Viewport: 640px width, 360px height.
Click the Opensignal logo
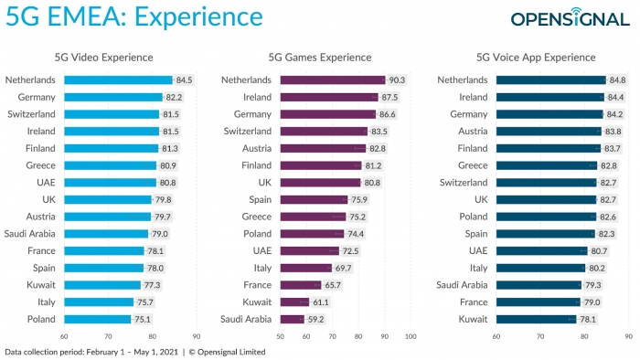pyautogui.click(x=570, y=17)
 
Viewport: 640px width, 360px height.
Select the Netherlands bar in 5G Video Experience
pyautogui.click(x=118, y=79)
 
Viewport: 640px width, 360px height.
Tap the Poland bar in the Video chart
pyautogui.click(x=98, y=319)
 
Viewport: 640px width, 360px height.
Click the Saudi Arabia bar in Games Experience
pyautogui.click(x=293, y=319)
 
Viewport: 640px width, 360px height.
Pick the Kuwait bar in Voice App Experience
pyautogui.click(x=537, y=319)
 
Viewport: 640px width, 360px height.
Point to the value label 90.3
pyautogui.click(x=397, y=79)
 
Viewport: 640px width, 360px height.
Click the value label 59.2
pyautogui.click(x=316, y=319)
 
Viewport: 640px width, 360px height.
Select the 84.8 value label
pyautogui.click(x=617, y=79)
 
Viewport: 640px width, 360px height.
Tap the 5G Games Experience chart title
pyautogui.click(x=320, y=58)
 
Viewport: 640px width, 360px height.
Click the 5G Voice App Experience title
pyautogui.click(x=536, y=58)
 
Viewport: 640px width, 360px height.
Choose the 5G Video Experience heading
pyautogui.click(x=103, y=58)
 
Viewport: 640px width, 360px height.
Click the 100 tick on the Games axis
pyautogui.click(x=411, y=336)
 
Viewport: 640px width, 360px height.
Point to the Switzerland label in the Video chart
pyautogui.click(x=31, y=114)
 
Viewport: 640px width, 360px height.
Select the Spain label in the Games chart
pyautogui.click(x=261, y=200)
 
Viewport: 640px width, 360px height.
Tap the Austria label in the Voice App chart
pyautogui.click(x=473, y=132)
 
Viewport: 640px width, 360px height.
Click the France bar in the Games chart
pyautogui.click(x=301, y=285)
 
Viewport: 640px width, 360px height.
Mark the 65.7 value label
pyautogui.click(x=333, y=285)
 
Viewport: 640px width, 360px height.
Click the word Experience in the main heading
pyautogui.click(x=198, y=16)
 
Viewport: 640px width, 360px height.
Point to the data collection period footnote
pyautogui.click(x=135, y=352)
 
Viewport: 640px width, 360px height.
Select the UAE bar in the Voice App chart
pyautogui.click(x=542, y=250)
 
